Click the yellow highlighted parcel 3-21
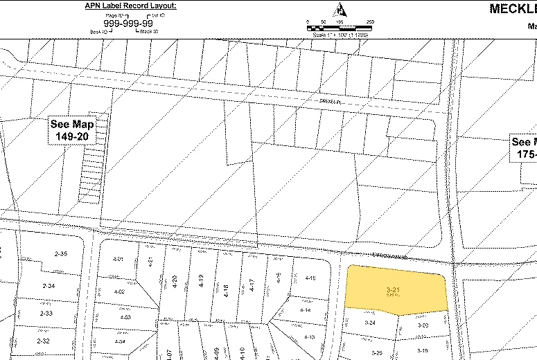tap(395, 289)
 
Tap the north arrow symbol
tap(340, 10)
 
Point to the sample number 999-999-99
tap(128, 23)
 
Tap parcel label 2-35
tap(60, 254)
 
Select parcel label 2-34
tap(49, 286)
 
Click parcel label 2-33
tap(46, 314)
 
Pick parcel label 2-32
tap(43, 341)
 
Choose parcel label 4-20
tap(175, 281)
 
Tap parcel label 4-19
tap(201, 281)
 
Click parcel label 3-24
tap(370, 323)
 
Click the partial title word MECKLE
tap(513, 9)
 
